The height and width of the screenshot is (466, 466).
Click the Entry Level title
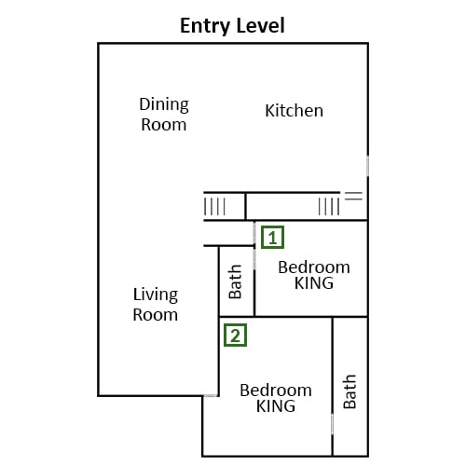coord(232,26)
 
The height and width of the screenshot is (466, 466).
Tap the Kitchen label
coord(294,111)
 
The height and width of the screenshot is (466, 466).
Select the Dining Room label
coord(164,115)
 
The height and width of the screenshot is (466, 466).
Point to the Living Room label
coord(156,305)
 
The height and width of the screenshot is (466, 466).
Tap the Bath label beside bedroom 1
coord(235,281)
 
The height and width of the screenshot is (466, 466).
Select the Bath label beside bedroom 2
coord(349,391)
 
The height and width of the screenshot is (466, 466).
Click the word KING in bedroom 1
coord(314,283)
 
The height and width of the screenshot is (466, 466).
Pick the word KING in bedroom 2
coord(276,406)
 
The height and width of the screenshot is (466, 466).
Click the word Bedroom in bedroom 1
coord(314,267)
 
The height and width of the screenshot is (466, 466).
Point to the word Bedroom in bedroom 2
coord(276,391)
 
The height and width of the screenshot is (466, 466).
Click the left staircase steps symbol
coord(214,207)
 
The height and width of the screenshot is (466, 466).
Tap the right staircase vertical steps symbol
coord(329,207)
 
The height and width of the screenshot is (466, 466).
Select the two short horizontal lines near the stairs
coord(353,196)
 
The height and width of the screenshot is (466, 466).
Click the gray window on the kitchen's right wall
coord(368,166)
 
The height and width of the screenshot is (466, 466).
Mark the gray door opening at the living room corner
coord(211,396)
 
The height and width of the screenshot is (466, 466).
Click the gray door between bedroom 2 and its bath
coord(332,424)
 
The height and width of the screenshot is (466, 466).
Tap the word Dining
coord(164,104)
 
